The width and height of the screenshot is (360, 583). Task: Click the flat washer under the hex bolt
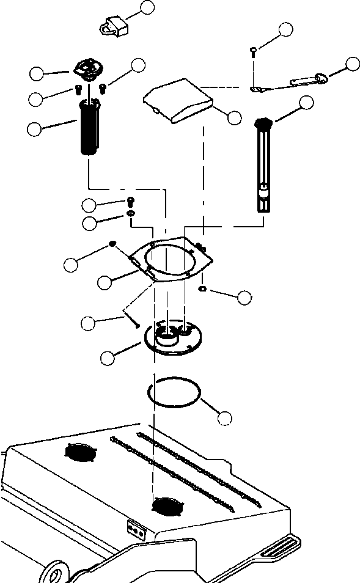pos(131,213)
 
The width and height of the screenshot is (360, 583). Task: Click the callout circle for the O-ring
pos(225,419)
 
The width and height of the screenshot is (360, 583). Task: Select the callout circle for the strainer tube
pos(35,128)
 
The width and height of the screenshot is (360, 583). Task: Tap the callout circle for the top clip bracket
pos(147,7)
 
